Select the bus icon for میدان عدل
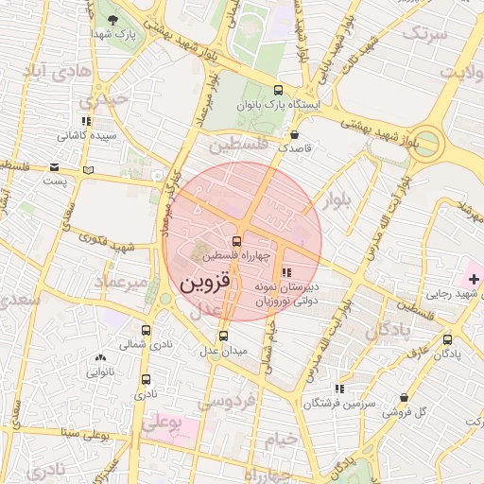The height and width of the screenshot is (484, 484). click(x=223, y=336)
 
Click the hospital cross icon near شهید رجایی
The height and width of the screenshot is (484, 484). click(x=473, y=280)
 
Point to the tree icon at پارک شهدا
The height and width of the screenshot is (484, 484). click(x=113, y=20)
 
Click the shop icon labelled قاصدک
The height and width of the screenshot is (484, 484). click(x=295, y=134)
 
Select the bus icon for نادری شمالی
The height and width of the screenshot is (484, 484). click(x=146, y=330)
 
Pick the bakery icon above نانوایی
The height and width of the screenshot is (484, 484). click(x=100, y=357)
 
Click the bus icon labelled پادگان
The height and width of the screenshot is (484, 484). click(x=447, y=339)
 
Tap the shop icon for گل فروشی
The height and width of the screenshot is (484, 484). click(x=405, y=398)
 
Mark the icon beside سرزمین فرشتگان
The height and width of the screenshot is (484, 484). click(x=338, y=389)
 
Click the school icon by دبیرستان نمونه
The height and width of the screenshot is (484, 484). click(x=286, y=273)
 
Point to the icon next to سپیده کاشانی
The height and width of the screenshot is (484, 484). click(x=87, y=121)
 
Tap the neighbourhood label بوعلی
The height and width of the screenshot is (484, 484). click(x=161, y=423)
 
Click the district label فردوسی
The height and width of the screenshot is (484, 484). click(x=227, y=401)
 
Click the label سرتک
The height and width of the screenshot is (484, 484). click(x=423, y=33)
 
